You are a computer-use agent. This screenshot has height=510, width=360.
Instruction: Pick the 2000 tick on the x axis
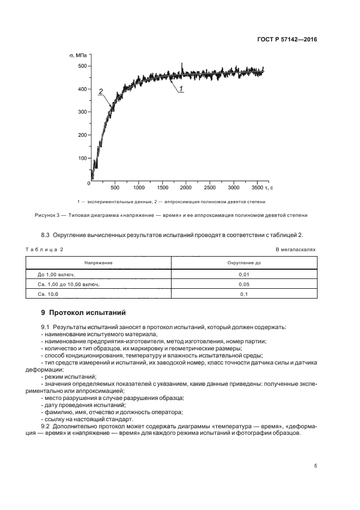coord(186,189)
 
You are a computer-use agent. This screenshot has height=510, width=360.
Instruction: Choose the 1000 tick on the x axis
coord(138,189)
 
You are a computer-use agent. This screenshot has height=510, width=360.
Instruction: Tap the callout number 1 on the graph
coord(181,88)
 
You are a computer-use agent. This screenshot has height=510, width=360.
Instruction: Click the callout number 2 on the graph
coord(100,92)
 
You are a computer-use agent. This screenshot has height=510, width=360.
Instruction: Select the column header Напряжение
coord(98,263)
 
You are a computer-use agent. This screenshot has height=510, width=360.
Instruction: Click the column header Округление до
coord(244,263)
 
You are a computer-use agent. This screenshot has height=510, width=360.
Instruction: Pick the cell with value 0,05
coord(244,284)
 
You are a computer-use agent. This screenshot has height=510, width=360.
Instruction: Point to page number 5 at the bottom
coord(315,466)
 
